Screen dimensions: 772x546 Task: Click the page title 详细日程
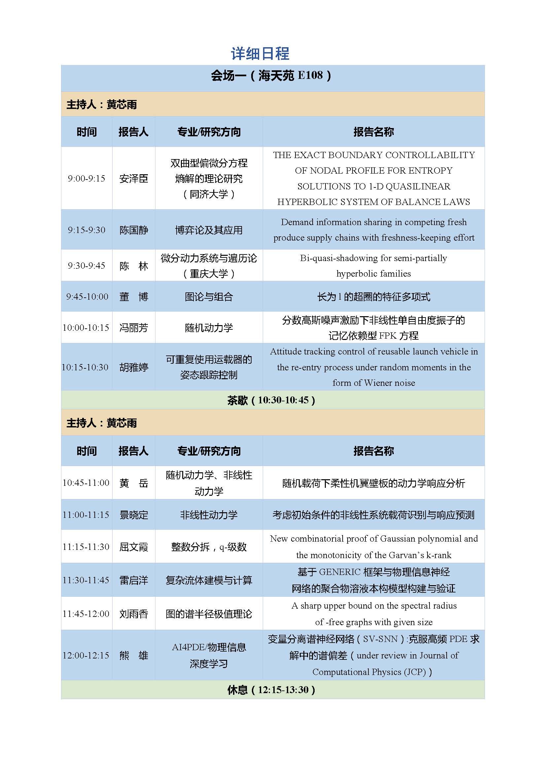[260, 54]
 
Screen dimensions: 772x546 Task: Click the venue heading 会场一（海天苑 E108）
[271, 75]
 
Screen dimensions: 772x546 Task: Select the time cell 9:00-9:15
[86, 179]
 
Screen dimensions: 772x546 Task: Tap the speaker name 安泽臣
[133, 179]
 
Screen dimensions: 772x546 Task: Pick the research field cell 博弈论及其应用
[208, 230]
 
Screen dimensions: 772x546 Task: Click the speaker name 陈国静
[133, 230]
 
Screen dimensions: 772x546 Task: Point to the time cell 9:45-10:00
[87, 297]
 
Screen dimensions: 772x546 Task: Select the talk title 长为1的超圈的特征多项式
[373, 297]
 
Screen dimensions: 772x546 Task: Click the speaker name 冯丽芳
[133, 328]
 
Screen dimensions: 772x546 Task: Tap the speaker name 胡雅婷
[133, 367]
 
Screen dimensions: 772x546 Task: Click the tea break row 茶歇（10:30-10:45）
[271, 400]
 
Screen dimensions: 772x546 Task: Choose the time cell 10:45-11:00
[86, 483]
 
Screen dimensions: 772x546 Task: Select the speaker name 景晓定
[133, 515]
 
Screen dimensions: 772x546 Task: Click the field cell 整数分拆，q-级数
[208, 547]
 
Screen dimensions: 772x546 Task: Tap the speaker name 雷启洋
[133, 580]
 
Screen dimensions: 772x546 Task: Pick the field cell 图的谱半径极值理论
[208, 614]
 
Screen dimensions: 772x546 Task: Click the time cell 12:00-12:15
[86, 655]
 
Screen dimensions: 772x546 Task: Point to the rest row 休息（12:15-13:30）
[271, 690]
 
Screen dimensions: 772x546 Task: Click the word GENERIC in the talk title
[340, 572]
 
